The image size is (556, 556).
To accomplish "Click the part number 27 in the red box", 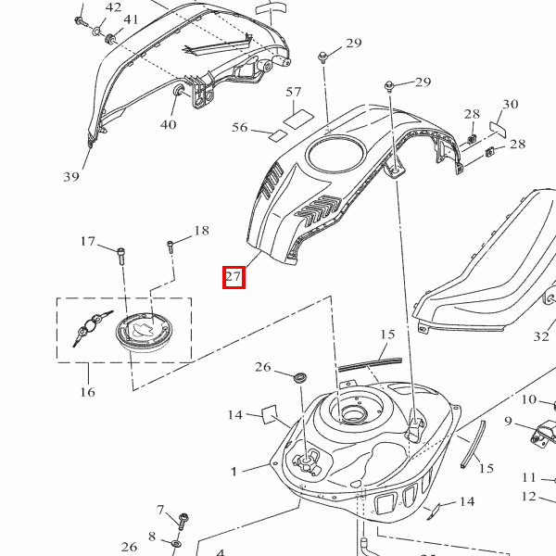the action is [234, 276].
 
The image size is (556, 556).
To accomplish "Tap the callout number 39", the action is [71, 177].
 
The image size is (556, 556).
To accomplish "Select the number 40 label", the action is [168, 124].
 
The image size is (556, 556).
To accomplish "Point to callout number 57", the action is [293, 92].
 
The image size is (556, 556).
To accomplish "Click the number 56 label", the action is [240, 128].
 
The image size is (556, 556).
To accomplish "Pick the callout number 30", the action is [511, 104].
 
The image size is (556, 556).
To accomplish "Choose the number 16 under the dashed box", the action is [87, 392].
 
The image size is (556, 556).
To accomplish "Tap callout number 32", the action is [541, 336].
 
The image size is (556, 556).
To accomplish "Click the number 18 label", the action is [201, 231].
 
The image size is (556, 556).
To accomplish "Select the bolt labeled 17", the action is [120, 256].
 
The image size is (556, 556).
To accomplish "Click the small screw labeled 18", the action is [171, 246].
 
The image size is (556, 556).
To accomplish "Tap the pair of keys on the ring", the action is [92, 328].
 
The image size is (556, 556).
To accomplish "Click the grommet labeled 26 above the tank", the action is [300, 377].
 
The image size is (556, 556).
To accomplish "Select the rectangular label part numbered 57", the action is [298, 119].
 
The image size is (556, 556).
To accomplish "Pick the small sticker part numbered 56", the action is [277, 135].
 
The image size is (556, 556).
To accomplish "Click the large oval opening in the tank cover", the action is [335, 154].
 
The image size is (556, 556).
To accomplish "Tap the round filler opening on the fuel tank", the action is [354, 413].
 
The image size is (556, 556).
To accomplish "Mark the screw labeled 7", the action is [183, 521].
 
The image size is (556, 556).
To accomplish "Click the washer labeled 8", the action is [175, 543].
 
